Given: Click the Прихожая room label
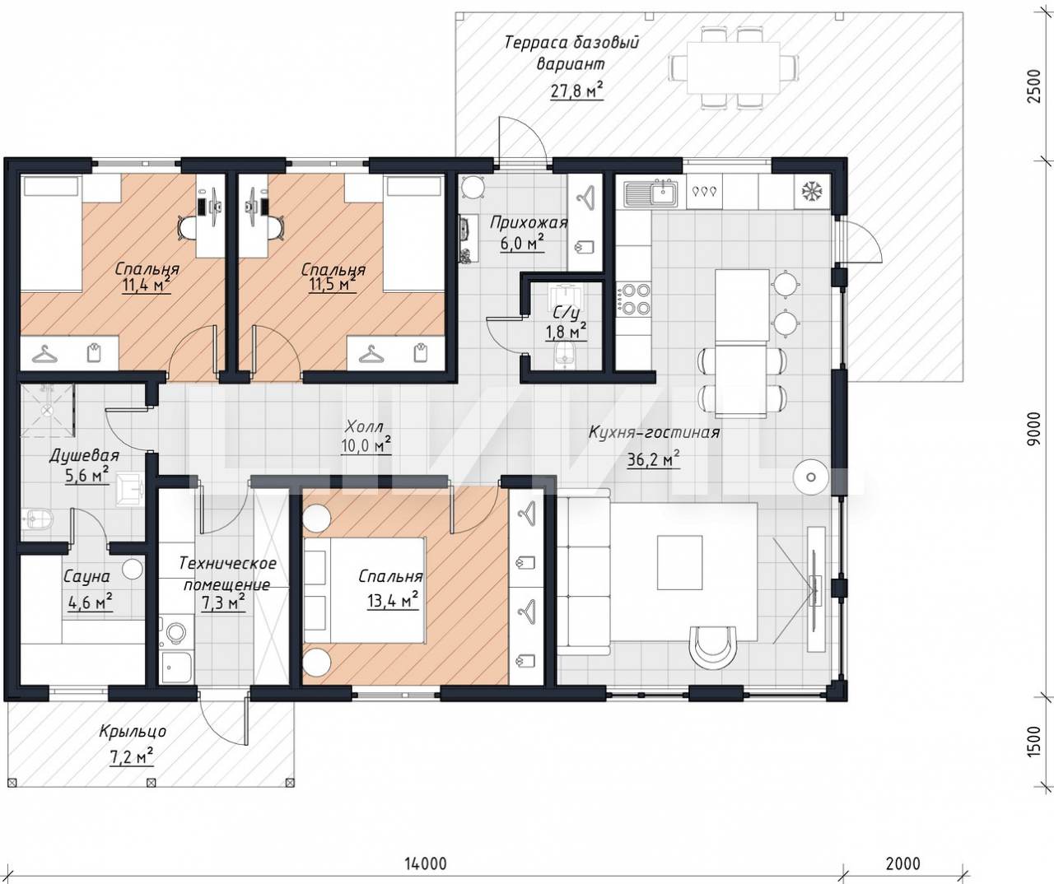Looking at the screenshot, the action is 529,222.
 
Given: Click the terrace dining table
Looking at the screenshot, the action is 734,68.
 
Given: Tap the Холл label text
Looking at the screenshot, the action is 364,427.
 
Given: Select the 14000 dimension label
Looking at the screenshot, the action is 425,863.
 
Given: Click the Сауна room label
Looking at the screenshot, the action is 86,576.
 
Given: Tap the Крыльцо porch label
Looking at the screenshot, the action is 133,731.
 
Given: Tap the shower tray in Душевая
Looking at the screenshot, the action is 48,410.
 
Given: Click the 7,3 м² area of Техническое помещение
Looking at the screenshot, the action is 223,603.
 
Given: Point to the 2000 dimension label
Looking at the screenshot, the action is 903,863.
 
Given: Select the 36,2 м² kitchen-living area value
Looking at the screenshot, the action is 653,459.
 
